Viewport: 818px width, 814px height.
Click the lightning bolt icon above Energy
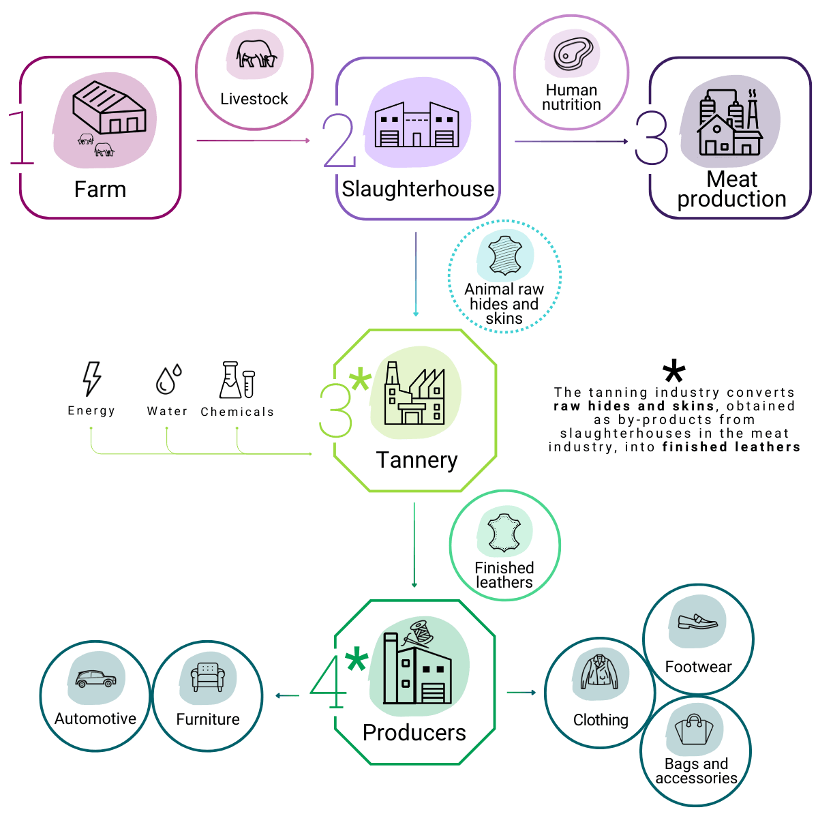92,378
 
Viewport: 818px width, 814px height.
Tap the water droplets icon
168,379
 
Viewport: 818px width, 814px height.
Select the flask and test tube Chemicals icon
237,379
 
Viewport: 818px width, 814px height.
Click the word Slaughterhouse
418,189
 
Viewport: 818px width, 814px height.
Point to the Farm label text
100,189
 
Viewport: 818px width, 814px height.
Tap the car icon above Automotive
95,678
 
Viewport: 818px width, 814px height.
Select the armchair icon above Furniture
208,677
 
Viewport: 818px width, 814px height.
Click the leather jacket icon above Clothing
599,672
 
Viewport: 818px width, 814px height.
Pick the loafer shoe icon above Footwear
697,622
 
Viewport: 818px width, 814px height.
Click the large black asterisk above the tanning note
673,371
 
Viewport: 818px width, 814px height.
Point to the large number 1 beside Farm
21,138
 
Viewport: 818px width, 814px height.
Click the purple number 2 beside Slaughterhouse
339,140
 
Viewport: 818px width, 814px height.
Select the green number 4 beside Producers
328,682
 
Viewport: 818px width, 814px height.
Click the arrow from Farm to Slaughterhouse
254,140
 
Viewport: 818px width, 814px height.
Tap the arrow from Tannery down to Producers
414,545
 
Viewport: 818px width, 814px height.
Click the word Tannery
417,460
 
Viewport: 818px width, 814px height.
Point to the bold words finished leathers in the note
731,447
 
